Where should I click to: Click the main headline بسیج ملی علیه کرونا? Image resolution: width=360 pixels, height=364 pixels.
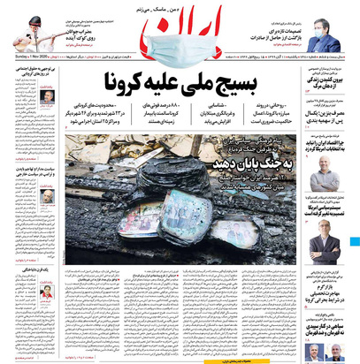(x=181, y=85)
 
